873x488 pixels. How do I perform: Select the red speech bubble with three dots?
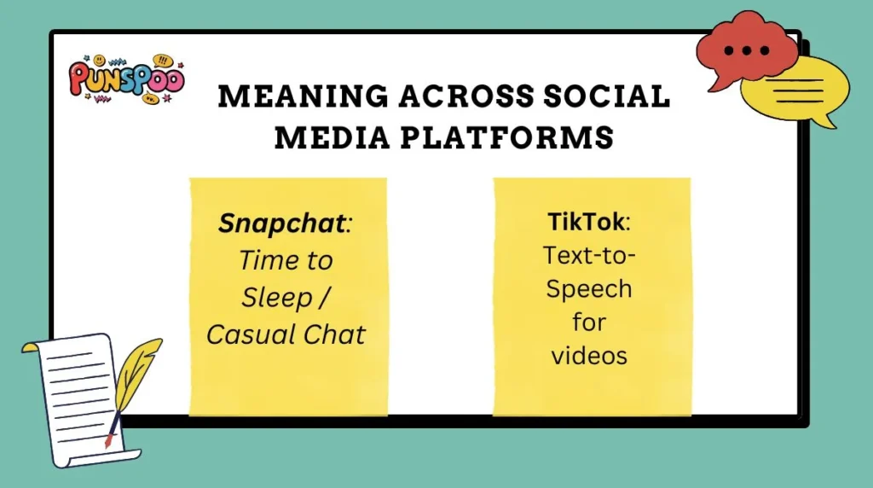coord(748,49)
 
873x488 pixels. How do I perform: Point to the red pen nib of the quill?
coord(108,441)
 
